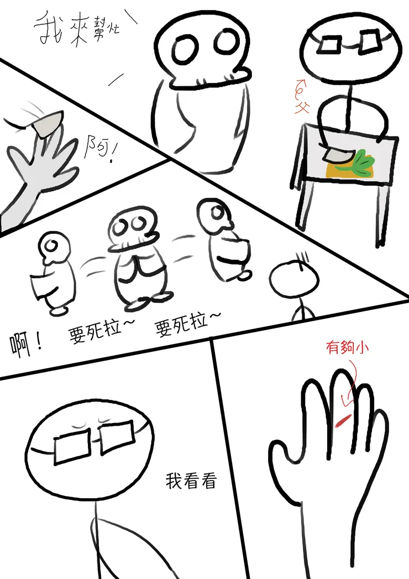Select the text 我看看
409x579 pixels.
click(191, 481)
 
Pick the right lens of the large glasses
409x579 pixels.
click(117, 435)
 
